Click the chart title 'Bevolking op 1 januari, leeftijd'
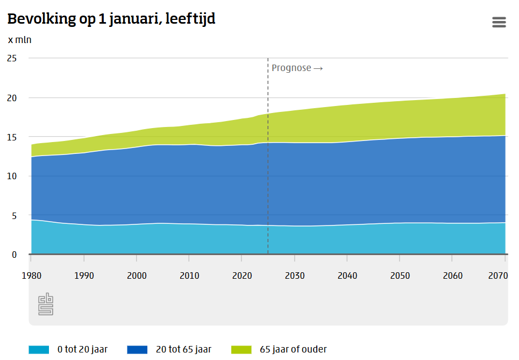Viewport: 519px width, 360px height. [111, 19]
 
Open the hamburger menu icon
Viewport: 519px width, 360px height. [499, 22]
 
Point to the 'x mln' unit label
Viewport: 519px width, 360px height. [19, 40]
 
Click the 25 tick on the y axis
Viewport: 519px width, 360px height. [11, 58]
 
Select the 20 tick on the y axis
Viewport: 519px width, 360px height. [11, 97]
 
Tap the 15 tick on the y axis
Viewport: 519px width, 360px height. [11, 137]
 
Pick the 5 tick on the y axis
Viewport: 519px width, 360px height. [14, 215]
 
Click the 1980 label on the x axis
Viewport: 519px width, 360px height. [32, 276]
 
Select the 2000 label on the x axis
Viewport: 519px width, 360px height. [137, 276]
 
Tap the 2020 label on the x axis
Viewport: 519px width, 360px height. [242, 276]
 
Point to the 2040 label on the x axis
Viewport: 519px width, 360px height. [347, 276]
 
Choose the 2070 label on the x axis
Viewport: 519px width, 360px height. [499, 276]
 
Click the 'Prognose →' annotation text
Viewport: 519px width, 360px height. [297, 68]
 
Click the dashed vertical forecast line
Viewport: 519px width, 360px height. [268, 161]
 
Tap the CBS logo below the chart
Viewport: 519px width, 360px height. [46, 304]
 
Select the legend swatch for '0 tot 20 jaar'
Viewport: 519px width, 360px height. [39, 349]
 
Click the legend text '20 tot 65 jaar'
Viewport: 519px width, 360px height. [183, 349]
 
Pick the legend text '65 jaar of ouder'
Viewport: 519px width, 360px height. [293, 349]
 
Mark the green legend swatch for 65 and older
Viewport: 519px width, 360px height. [241, 349]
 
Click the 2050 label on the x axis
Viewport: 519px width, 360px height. [400, 276]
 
